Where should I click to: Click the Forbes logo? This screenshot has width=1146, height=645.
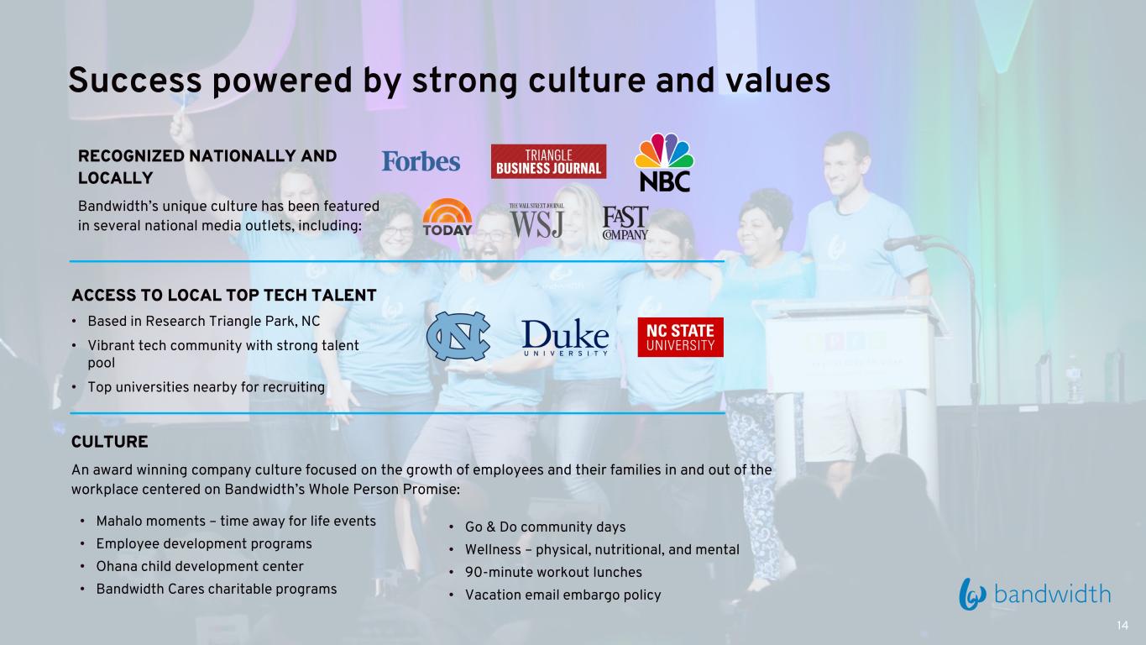(421, 161)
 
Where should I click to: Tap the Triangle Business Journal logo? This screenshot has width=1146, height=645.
(548, 161)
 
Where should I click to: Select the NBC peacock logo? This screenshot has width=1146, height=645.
(664, 162)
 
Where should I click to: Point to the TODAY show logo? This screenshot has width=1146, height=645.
(447, 217)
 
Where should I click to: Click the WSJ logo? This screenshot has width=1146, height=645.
(536, 221)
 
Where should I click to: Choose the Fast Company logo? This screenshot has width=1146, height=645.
(625, 223)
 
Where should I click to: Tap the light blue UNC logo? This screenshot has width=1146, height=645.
(458, 336)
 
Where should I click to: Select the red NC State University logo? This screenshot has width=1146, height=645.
(680, 337)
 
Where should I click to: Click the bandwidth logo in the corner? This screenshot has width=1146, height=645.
(1034, 595)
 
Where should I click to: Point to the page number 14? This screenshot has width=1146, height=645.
(1122, 626)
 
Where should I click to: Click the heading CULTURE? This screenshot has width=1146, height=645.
(109, 442)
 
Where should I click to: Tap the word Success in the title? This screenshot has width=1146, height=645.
(135, 81)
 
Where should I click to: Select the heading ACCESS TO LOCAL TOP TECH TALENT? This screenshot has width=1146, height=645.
(224, 296)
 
